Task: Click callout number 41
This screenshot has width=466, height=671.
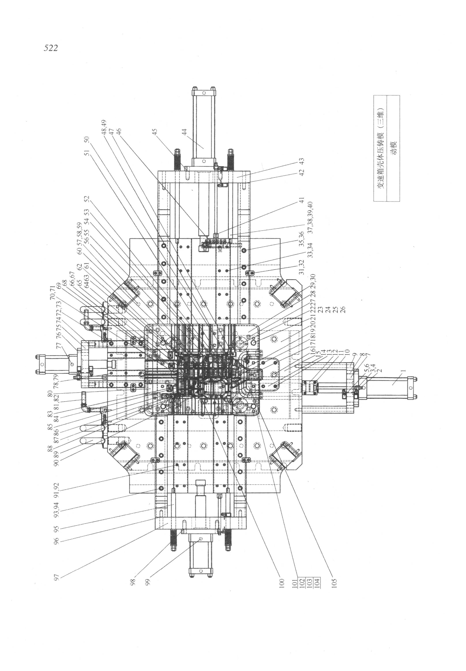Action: click(x=302, y=200)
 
